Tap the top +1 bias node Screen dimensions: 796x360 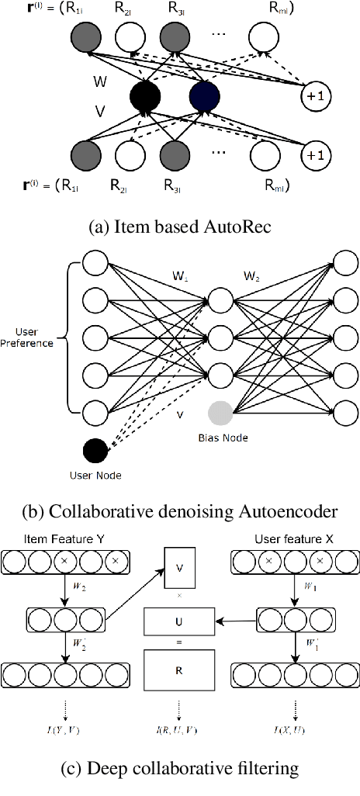317,95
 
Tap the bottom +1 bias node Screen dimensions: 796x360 317,155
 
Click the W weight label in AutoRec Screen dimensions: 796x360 99,81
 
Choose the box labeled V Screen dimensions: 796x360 180,568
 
